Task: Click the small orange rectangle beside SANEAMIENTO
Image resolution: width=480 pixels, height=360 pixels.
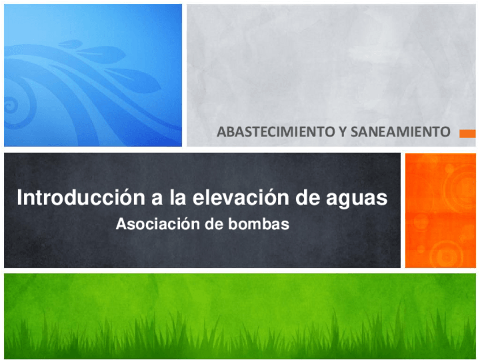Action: coord(467,134)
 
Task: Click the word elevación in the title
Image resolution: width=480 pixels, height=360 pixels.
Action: coord(235,198)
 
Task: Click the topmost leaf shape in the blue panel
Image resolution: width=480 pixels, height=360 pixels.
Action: coord(71,44)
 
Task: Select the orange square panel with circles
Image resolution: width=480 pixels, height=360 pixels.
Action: coord(440,210)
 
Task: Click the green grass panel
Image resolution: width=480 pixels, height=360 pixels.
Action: coord(240,315)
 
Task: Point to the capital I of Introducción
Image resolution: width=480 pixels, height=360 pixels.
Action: coord(20,198)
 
